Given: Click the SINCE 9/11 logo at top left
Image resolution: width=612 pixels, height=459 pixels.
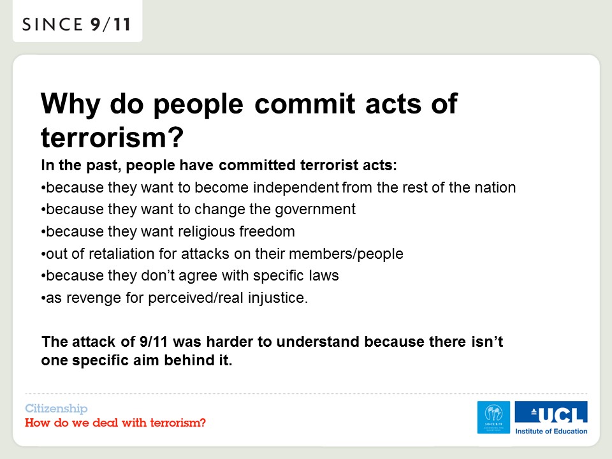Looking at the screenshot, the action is click(x=76, y=24).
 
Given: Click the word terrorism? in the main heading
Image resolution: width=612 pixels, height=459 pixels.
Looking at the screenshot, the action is click(x=112, y=137).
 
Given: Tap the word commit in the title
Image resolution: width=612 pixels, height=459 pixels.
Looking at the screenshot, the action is click(x=305, y=104).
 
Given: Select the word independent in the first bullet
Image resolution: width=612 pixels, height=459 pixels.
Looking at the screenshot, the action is click(x=296, y=187).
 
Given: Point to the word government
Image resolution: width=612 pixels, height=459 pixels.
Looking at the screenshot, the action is click(x=316, y=210).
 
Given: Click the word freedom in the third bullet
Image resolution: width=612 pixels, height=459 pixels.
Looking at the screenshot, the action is click(x=267, y=231).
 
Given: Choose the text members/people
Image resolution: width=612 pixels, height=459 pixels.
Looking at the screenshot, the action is click(x=346, y=254).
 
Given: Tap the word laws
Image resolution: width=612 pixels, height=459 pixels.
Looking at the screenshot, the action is click(x=324, y=275).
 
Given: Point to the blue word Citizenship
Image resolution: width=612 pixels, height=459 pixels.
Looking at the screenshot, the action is click(x=56, y=409).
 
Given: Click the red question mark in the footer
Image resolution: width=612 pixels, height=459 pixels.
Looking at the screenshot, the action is click(x=203, y=423).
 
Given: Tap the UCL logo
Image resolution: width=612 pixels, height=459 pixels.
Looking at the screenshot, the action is click(x=551, y=412).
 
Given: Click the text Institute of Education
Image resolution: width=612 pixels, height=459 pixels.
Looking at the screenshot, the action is click(x=551, y=432).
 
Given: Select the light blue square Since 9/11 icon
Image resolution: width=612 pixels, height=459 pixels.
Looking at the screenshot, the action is click(x=493, y=417).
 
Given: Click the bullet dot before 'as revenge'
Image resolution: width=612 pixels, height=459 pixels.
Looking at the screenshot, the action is click(x=43, y=299).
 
